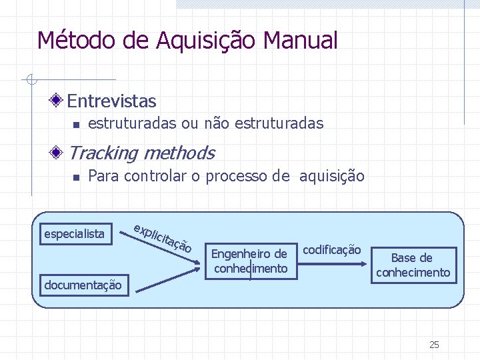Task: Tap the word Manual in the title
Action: (301, 41)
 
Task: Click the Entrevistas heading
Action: (111, 101)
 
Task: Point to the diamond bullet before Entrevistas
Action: (58, 101)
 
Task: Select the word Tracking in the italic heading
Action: (103, 153)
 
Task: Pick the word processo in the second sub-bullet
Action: (237, 177)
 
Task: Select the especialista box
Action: (74, 233)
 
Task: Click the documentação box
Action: (83, 285)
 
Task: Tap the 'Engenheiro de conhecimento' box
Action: (249, 261)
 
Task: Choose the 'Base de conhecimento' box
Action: (413, 265)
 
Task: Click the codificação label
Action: (332, 250)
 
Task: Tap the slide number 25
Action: (434, 345)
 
